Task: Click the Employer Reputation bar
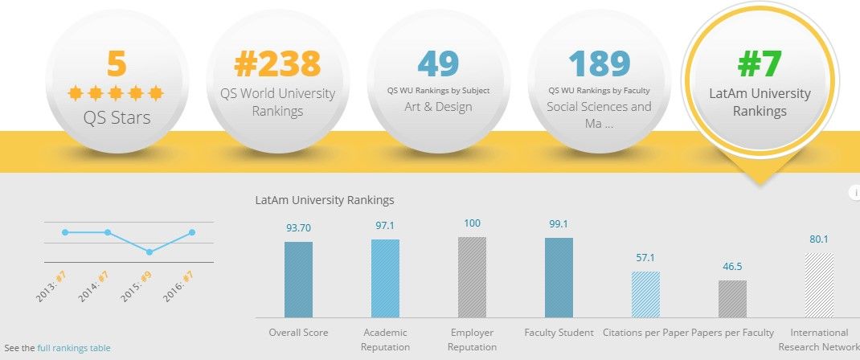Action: tap(472, 277)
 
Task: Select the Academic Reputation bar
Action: tap(385, 278)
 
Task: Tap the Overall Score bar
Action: tap(298, 280)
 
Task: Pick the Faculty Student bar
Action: tap(559, 277)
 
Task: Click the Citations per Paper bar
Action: tap(645, 294)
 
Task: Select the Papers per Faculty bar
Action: tap(732, 298)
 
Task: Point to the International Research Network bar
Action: tap(819, 284)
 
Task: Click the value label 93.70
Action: tap(298, 228)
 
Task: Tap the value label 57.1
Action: tap(645, 258)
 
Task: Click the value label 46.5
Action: tap(732, 266)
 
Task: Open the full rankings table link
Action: tap(74, 348)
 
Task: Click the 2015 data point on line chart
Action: tap(149, 252)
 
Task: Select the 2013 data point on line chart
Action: tap(65, 232)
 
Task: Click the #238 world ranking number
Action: tap(277, 64)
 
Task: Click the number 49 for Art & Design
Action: tap(438, 64)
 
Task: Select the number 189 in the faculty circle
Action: tap(599, 64)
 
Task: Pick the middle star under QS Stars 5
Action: tap(117, 93)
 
